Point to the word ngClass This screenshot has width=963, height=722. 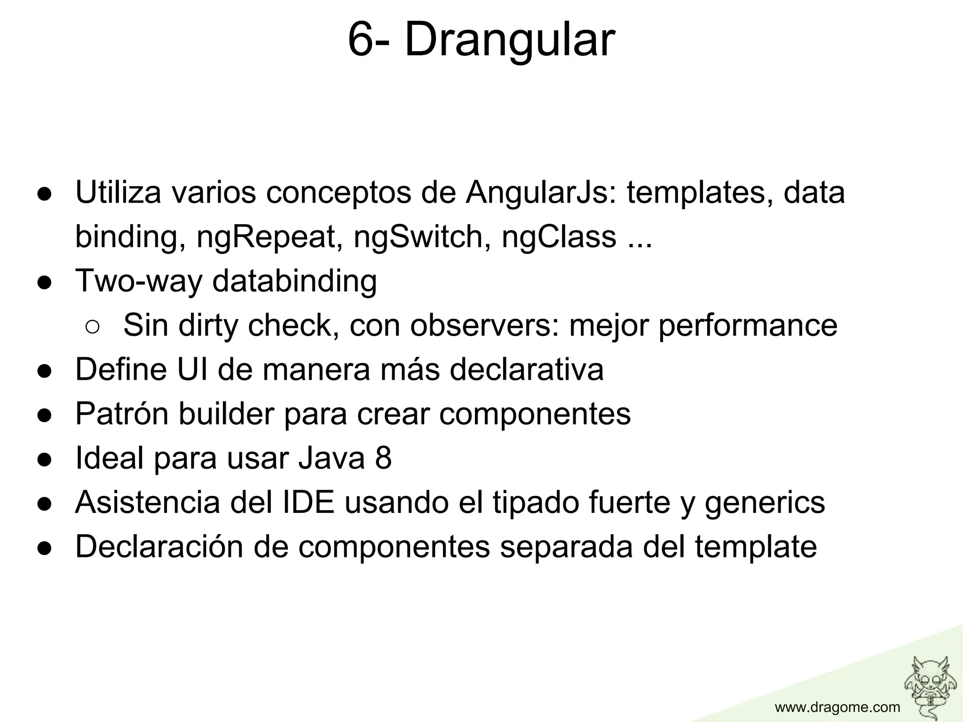pyautogui.click(x=559, y=237)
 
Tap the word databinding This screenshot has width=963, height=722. pyautogui.click(x=294, y=281)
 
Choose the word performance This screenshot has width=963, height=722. pyautogui.click(x=748, y=325)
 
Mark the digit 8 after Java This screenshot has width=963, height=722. pyautogui.click(x=383, y=458)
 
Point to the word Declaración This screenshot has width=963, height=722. pyautogui.click(x=159, y=547)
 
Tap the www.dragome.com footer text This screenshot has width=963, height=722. pyautogui.click(x=837, y=707)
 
